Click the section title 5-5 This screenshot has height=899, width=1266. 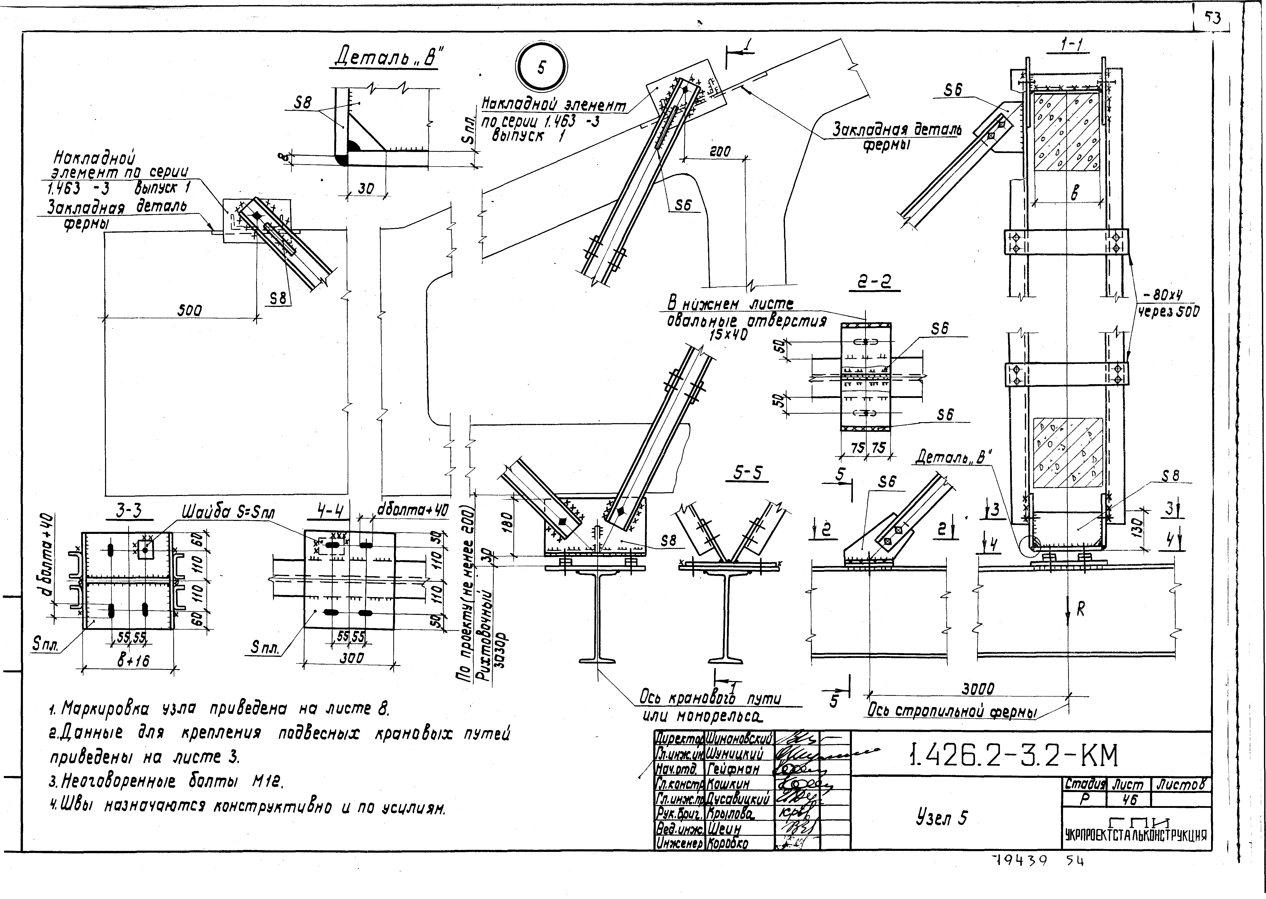(x=747, y=473)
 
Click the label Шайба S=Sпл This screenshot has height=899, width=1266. (x=228, y=513)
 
